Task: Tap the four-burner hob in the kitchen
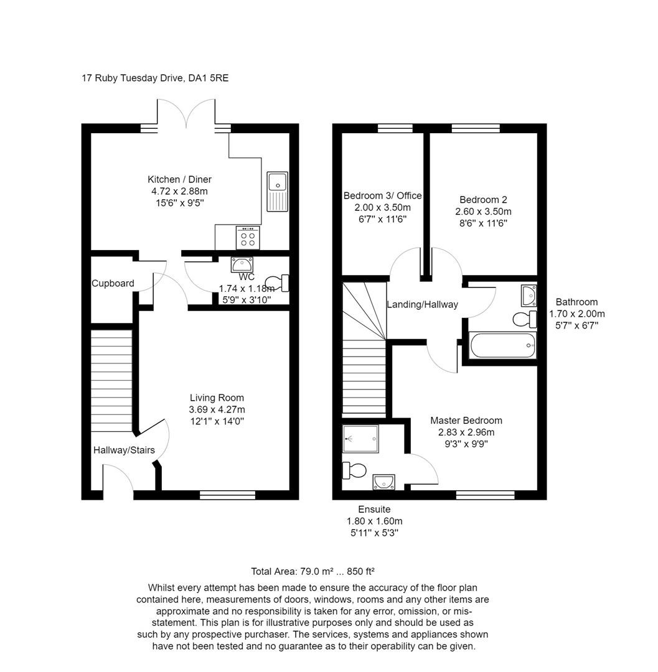click(247, 238)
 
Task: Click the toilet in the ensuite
click(355, 470)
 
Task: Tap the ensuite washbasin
click(383, 481)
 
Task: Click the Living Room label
click(217, 398)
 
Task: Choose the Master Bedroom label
click(466, 421)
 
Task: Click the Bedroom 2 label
click(483, 200)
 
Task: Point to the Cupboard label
click(113, 283)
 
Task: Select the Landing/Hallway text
click(422, 304)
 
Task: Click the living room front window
click(228, 495)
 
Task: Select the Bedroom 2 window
click(476, 128)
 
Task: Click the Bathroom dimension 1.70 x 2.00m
click(576, 314)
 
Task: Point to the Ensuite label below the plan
click(374, 510)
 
